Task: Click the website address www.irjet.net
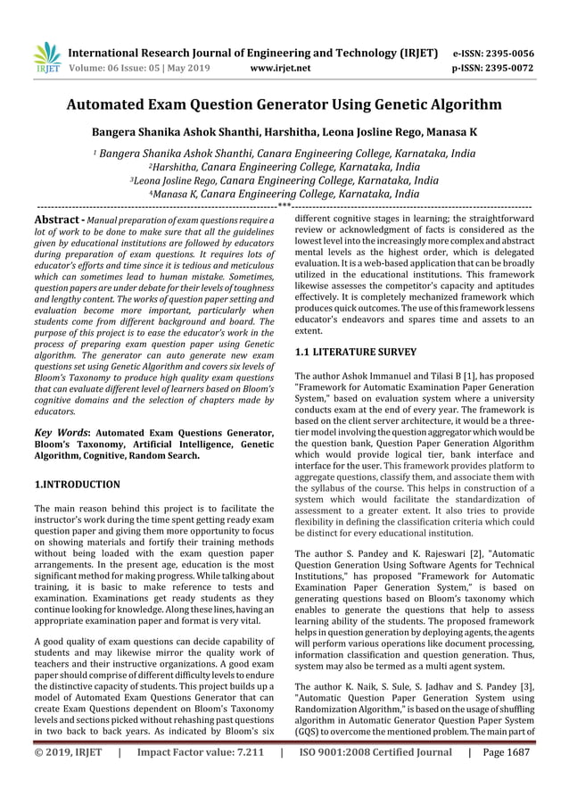[x=280, y=65]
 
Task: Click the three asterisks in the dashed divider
[x=284, y=206]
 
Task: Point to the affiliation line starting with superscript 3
[x=284, y=179]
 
